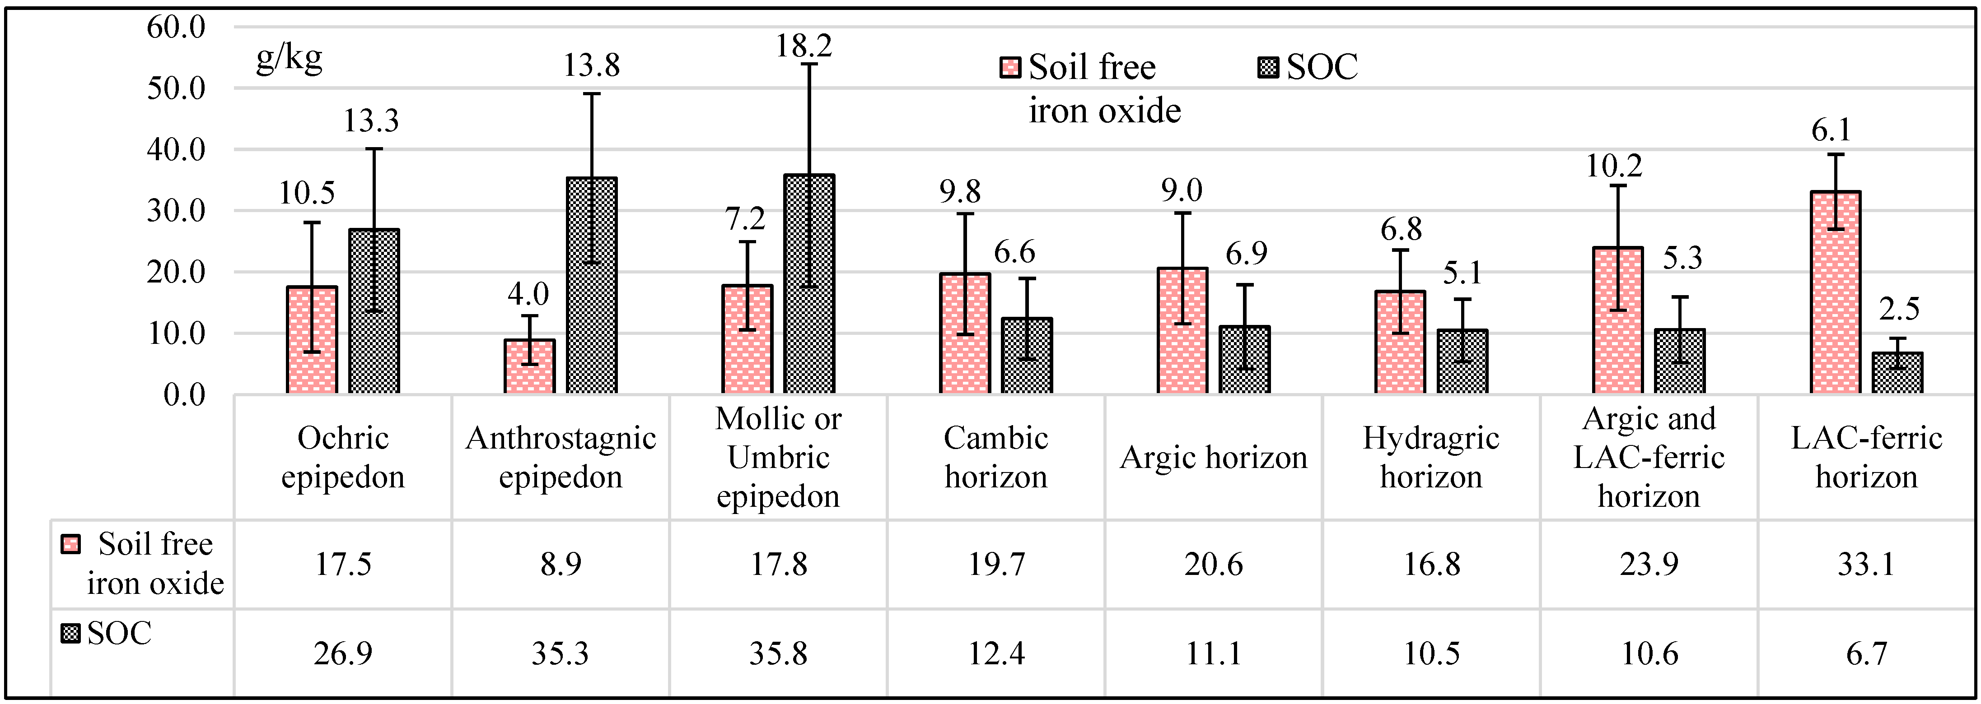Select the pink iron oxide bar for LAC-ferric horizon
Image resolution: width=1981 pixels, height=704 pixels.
tap(1836, 292)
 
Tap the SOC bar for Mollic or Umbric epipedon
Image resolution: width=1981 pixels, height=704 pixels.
tap(809, 284)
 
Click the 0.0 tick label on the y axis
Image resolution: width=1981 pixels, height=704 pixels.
tap(185, 395)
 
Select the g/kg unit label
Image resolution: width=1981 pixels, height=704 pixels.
tap(289, 58)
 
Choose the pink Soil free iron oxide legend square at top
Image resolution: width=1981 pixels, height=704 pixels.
tap(1010, 68)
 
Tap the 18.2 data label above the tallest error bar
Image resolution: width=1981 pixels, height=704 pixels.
tap(803, 46)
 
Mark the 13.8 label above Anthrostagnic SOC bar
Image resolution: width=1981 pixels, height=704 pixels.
tap(591, 65)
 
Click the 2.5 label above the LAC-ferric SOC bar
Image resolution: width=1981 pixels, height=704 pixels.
tap(1899, 309)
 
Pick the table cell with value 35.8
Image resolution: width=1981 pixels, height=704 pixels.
tap(778, 653)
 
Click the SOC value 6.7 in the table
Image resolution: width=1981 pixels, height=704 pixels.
tap(1866, 653)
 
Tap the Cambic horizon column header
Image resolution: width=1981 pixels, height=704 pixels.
tap(996, 457)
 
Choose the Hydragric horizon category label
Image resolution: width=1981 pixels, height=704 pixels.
tap(1431, 457)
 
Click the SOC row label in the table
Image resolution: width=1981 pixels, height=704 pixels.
tap(119, 633)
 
